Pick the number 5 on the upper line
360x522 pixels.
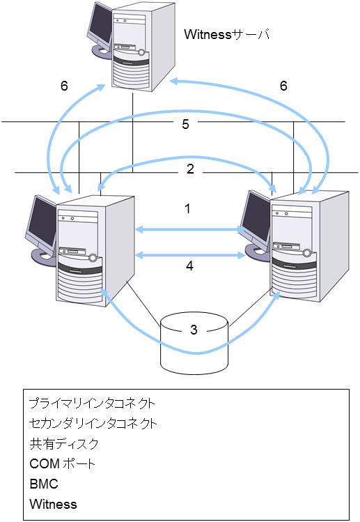click(x=185, y=124)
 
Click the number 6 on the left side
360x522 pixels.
click(x=64, y=86)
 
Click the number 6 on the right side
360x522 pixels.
click(x=283, y=86)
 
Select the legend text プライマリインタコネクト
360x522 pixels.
click(x=92, y=404)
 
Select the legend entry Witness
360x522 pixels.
click(x=54, y=503)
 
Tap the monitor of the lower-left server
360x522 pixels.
click(x=42, y=223)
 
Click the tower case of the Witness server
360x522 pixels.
click(x=139, y=45)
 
